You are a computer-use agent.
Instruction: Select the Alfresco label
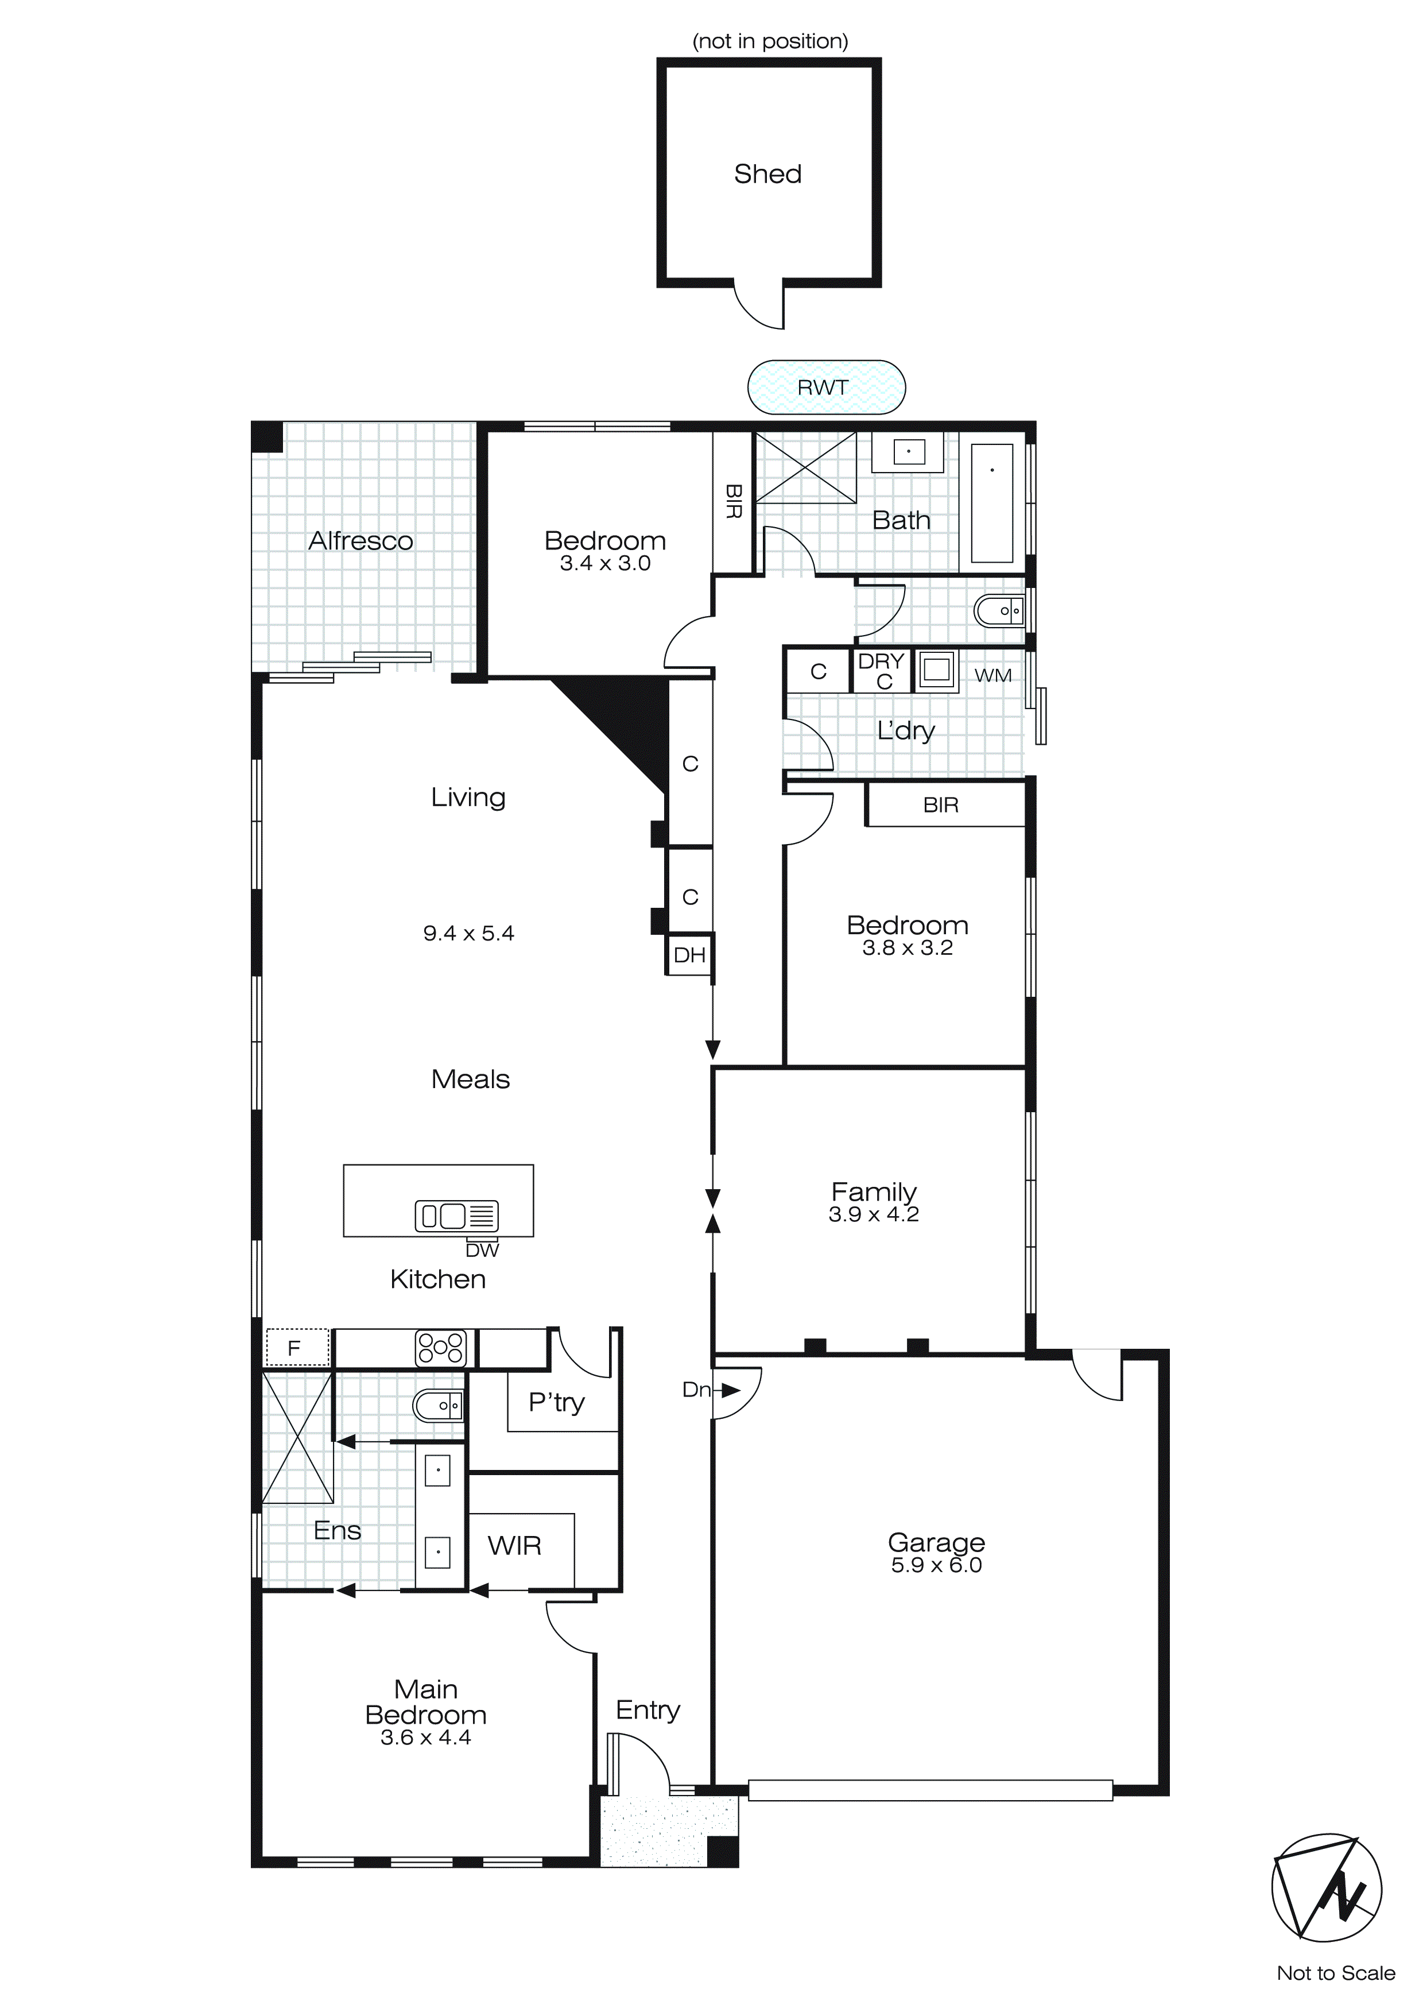tap(360, 541)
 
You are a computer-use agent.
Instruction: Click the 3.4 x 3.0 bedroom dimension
tap(604, 563)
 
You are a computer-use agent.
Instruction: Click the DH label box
tap(689, 955)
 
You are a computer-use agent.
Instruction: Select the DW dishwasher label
tap(482, 1251)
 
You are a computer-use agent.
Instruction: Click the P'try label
tap(556, 1402)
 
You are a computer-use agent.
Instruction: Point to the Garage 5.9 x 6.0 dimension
tap(936, 1565)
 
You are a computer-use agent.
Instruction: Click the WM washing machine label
tap(992, 676)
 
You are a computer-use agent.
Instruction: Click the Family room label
tap(874, 1192)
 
